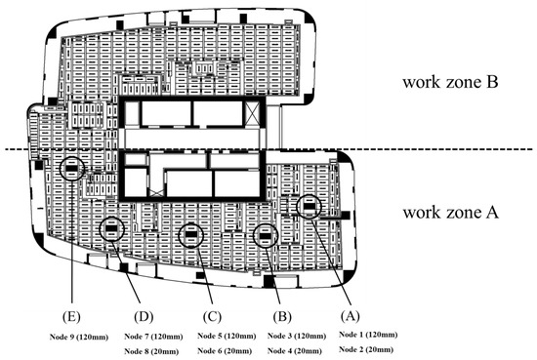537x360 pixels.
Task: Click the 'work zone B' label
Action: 450,82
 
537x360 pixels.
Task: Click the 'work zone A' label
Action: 451,212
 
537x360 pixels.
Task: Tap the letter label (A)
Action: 350,315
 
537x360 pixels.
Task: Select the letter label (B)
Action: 282,316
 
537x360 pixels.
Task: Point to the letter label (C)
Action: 212,316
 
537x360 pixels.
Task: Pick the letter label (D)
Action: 144,316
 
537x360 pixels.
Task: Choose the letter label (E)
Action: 71,316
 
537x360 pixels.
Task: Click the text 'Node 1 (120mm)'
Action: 368,335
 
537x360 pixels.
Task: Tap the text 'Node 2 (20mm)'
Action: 366,349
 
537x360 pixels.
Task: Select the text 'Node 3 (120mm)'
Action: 297,336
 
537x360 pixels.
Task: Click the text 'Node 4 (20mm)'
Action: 295,351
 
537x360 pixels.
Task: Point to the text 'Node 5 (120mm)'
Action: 227,336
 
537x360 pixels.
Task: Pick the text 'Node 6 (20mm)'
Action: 225,351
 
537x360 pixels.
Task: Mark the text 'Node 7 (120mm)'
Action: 153,337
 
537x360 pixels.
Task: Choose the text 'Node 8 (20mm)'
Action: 151,351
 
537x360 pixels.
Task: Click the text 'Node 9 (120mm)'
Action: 79,337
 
